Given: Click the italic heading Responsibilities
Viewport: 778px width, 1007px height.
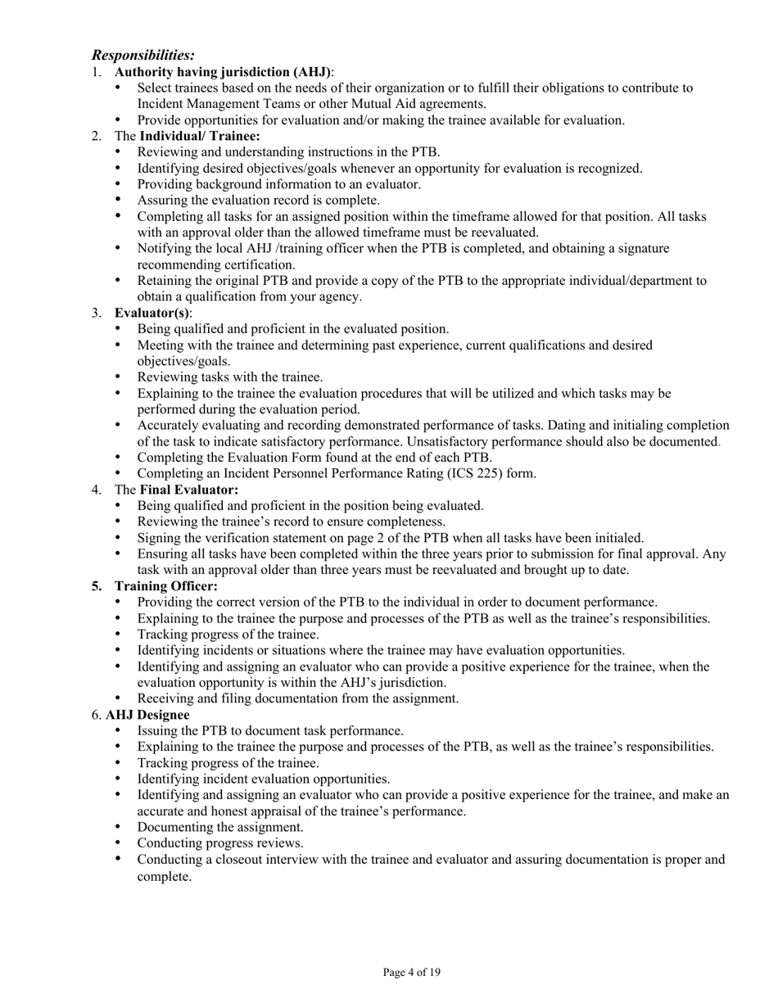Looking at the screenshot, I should click(x=143, y=55).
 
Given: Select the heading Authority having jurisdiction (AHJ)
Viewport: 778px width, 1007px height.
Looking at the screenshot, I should click(x=224, y=72).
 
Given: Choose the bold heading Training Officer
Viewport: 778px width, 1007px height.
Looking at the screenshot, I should click(x=166, y=586).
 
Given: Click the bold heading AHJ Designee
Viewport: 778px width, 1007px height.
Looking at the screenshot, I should click(x=147, y=715).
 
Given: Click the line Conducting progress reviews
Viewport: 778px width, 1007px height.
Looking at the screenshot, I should click(x=220, y=843).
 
